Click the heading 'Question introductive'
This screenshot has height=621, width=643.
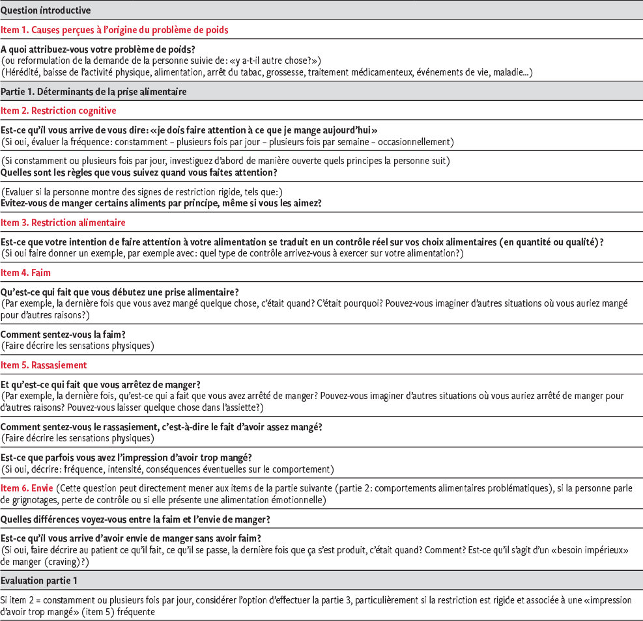click(x=46, y=11)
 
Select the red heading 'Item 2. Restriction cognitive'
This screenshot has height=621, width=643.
click(x=59, y=111)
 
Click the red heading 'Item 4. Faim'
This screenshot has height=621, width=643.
click(x=25, y=273)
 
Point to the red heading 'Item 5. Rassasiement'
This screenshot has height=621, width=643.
click(x=44, y=365)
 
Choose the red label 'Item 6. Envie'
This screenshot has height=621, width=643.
click(x=27, y=487)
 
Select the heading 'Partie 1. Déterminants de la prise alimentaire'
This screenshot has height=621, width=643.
click(x=94, y=92)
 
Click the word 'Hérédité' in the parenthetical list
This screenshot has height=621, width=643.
click(x=23, y=72)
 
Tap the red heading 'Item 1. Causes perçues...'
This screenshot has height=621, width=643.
click(x=114, y=30)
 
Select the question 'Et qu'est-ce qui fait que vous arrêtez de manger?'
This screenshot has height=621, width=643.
click(x=100, y=384)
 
